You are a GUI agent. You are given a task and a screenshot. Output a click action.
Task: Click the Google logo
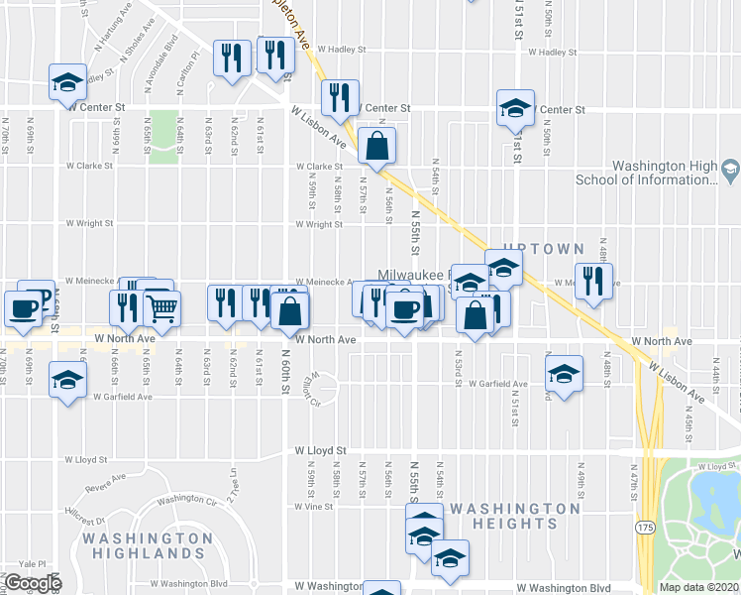click(33, 583)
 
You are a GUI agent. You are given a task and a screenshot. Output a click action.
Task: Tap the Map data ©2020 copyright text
click(699, 587)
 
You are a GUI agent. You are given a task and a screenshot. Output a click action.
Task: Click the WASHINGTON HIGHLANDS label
click(148, 544)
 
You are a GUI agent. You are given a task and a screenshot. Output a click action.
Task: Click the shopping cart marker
click(161, 308)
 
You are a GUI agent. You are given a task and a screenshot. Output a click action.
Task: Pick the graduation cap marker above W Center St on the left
click(67, 83)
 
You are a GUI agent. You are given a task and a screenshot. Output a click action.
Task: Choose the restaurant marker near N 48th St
click(593, 282)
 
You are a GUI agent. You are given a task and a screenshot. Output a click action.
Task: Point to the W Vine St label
click(313, 506)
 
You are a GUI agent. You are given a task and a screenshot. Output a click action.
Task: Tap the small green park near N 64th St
click(164, 145)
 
